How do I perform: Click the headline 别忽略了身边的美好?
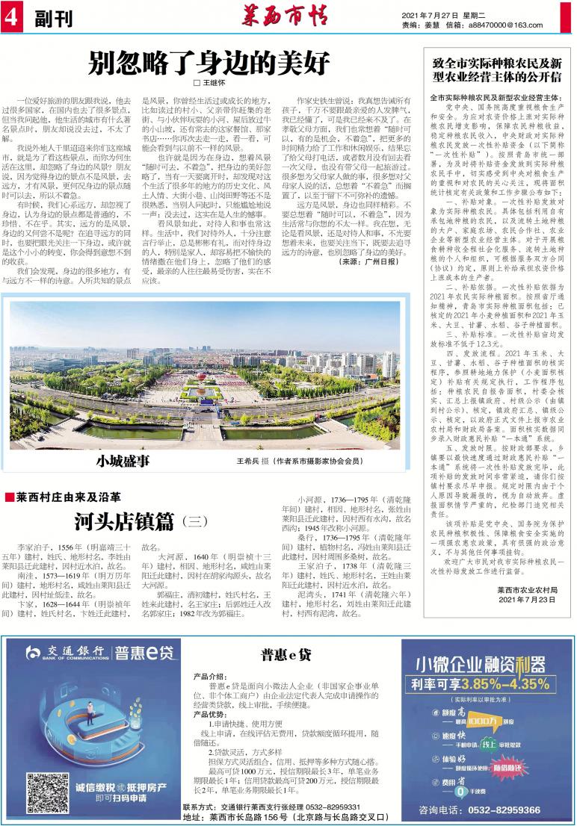(209, 64)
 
